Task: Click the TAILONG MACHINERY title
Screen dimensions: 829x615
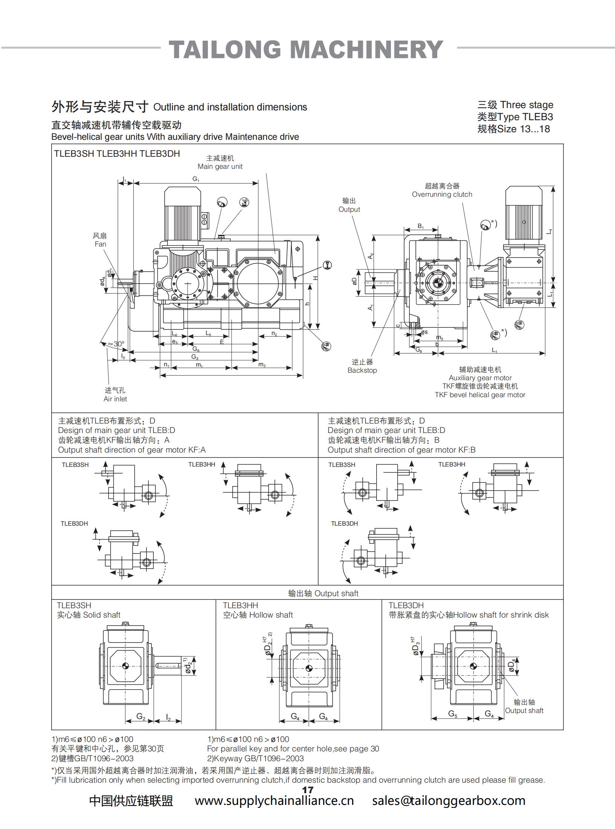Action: (x=306, y=50)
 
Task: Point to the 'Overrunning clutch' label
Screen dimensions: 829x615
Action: (x=442, y=194)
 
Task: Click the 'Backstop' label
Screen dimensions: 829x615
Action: (x=362, y=370)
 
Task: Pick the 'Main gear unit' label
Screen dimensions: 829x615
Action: (x=220, y=167)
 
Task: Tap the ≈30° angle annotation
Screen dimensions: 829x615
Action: (x=116, y=344)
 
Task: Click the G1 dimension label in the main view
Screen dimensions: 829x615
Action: (x=196, y=179)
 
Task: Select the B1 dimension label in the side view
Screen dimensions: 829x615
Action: (x=421, y=226)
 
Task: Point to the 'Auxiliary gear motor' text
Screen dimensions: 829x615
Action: (x=480, y=378)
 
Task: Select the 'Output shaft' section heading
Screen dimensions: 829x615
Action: (x=323, y=593)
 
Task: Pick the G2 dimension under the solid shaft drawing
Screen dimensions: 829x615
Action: (x=141, y=717)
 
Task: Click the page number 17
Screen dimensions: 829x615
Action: (x=307, y=790)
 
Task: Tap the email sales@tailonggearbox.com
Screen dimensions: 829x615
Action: (x=449, y=801)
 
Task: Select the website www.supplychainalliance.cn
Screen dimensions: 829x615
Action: (x=274, y=801)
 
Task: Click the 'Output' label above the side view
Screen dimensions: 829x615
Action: (x=349, y=210)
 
